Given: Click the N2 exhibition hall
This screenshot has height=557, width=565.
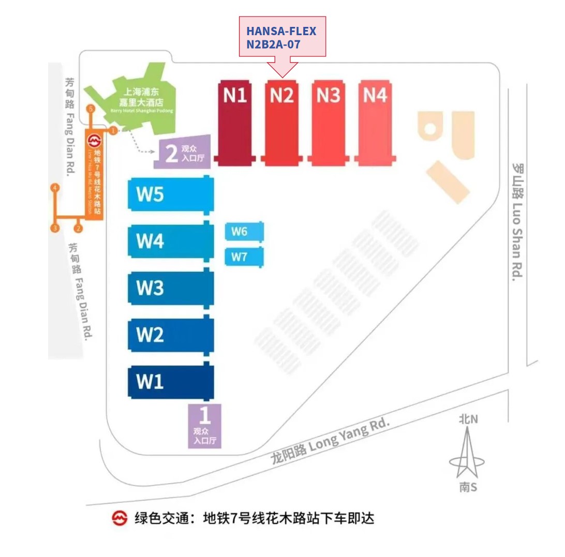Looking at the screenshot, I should point(281,123).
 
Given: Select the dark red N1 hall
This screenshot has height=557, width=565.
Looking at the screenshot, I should point(235,123).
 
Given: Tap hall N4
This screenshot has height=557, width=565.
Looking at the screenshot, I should point(375,123).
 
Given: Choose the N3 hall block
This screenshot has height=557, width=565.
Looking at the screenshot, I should point(328,123).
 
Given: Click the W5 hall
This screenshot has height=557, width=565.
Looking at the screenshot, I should point(171,194).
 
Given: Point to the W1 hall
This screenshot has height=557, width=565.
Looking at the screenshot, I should point(171,382).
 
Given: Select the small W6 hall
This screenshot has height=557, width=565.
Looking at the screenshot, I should point(244,232).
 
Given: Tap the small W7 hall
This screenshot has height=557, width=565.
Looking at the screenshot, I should point(244,257).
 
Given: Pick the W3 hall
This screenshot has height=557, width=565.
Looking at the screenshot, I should point(171,288).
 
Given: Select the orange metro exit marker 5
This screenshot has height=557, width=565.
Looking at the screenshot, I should point(91,109).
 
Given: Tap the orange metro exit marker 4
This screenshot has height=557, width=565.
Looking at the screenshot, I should point(54,188).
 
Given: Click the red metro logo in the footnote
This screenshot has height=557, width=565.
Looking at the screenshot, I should point(120,518).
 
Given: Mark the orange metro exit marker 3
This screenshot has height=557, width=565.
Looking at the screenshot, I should point(54,228).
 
